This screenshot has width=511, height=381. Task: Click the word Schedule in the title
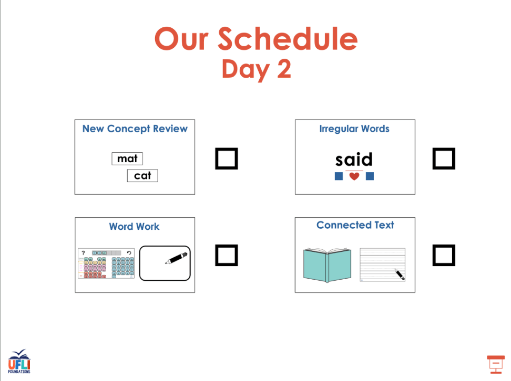(x=288, y=39)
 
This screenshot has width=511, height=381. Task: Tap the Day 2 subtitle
(x=256, y=69)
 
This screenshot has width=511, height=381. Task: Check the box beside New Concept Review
(x=227, y=158)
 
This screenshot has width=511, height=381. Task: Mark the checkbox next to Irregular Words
(x=444, y=158)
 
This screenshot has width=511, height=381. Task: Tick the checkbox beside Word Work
(x=227, y=255)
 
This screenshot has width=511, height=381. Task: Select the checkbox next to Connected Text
(x=444, y=255)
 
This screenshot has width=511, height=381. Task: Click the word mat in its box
(x=127, y=158)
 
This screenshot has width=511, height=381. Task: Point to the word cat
(x=142, y=176)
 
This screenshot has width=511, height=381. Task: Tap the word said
(x=354, y=160)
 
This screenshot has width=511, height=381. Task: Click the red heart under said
(x=354, y=176)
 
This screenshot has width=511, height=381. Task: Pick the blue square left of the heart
(x=339, y=176)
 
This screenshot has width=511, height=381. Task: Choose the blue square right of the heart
(x=370, y=176)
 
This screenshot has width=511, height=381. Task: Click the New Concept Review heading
(x=135, y=129)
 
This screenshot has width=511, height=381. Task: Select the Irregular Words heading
(x=354, y=129)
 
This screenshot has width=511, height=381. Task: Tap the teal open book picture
(x=327, y=265)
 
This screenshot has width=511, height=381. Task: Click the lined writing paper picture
(x=382, y=264)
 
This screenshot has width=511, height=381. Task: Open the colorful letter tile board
(x=106, y=263)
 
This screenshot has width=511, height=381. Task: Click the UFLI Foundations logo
(x=19, y=362)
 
